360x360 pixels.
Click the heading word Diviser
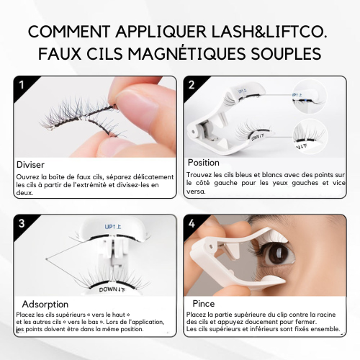pos(30,165)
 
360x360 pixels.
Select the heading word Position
pos(204,163)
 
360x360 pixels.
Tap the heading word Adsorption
pos(45,305)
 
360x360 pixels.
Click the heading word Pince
pos(204,304)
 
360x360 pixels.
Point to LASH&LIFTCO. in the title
pos(269,32)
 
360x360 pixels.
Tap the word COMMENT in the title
pos(69,32)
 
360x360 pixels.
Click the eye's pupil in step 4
pos(279,255)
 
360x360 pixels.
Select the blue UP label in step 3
pos(113,227)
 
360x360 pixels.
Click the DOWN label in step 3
pos(112,289)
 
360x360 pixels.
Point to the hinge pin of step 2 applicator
pos(193,132)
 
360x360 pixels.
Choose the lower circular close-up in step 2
pos(310,136)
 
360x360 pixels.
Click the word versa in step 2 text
pos(196,192)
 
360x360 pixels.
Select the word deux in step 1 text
pos(24,193)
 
